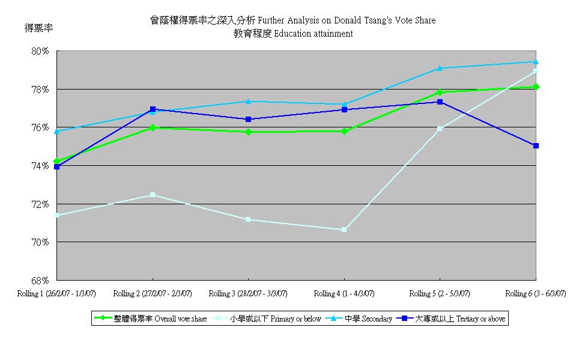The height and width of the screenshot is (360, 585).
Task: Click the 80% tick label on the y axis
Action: click(40, 51)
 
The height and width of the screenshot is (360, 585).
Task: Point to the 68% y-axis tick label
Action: click(40, 281)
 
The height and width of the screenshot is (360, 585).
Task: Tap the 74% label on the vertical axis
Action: click(40, 166)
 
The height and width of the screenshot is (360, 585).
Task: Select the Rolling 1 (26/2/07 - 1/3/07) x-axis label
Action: click(56, 293)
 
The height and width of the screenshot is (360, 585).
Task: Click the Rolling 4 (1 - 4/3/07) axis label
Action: click(344, 293)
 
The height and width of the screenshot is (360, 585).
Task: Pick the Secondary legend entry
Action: click(361, 319)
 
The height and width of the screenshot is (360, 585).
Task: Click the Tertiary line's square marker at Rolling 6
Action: click(536, 145)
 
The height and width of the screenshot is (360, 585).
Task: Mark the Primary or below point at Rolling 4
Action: click(344, 230)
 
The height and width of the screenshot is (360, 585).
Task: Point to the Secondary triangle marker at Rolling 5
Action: click(440, 68)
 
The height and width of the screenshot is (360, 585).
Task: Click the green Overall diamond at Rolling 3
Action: click(248, 132)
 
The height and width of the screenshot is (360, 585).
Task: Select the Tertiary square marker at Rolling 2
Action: click(153, 109)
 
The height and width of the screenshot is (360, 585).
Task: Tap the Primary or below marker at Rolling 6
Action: click(536, 71)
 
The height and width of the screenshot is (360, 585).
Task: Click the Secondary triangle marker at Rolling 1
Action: click(56, 131)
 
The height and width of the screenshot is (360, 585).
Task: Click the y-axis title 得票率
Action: click(36, 28)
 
